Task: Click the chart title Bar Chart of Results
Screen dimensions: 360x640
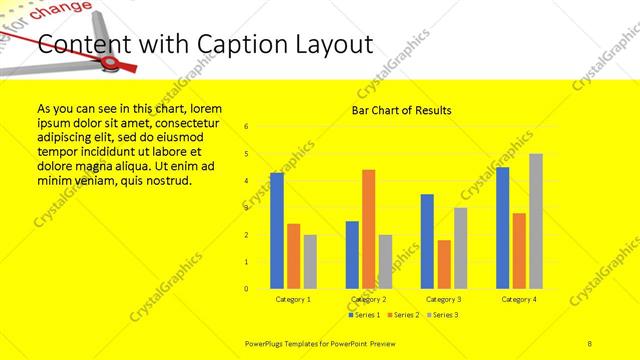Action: tap(401, 110)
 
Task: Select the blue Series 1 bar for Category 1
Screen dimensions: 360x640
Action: tap(277, 230)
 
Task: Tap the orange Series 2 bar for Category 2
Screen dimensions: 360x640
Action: tap(369, 228)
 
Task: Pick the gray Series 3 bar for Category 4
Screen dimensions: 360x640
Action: tap(536, 221)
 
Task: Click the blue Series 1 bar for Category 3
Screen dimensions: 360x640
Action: tap(427, 241)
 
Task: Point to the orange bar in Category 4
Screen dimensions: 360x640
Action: tap(519, 250)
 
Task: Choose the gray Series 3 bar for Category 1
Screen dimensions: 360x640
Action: tap(310, 261)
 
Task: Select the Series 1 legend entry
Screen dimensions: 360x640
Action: tap(365, 315)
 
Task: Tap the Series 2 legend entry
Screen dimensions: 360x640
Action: tap(403, 315)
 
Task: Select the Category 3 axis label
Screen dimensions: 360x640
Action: tap(444, 299)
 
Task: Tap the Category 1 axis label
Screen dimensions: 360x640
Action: tap(293, 299)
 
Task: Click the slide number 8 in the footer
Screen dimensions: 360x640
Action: tap(590, 343)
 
